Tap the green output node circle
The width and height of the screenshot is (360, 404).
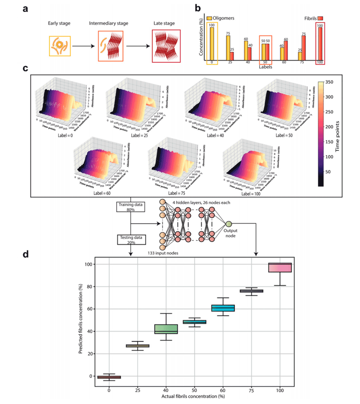pos(228,225)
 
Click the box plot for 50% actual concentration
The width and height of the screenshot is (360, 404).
pos(195,322)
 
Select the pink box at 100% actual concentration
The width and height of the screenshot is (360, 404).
pos(280,267)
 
